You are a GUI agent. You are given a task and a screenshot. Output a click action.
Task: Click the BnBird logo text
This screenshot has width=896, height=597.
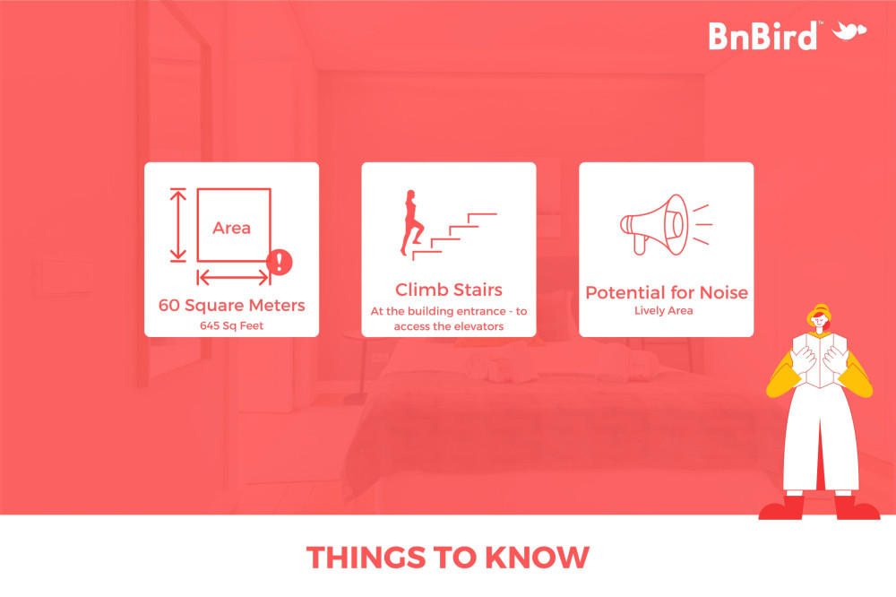(762, 36)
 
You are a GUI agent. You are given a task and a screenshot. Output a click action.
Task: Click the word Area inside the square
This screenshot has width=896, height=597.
(231, 229)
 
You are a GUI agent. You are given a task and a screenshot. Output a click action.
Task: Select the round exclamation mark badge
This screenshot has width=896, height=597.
(280, 262)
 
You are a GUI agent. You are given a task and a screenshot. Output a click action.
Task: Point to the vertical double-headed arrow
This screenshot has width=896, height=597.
(178, 225)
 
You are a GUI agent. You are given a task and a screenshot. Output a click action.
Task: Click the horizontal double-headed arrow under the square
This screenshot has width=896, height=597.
(233, 278)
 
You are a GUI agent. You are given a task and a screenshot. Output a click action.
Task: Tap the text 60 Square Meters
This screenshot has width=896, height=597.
(231, 306)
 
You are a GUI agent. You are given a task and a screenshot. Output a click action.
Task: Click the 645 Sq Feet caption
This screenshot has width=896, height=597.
(231, 326)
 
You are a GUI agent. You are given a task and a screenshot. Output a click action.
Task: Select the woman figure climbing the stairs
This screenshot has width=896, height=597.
(412, 222)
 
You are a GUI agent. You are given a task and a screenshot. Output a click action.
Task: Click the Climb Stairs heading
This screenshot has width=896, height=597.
(449, 290)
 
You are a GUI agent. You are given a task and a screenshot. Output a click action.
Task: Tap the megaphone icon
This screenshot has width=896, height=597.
(666, 225)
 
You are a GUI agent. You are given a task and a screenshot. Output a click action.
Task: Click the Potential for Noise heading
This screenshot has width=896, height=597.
(667, 293)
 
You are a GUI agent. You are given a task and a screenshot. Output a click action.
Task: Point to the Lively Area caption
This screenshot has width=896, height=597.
(663, 310)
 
